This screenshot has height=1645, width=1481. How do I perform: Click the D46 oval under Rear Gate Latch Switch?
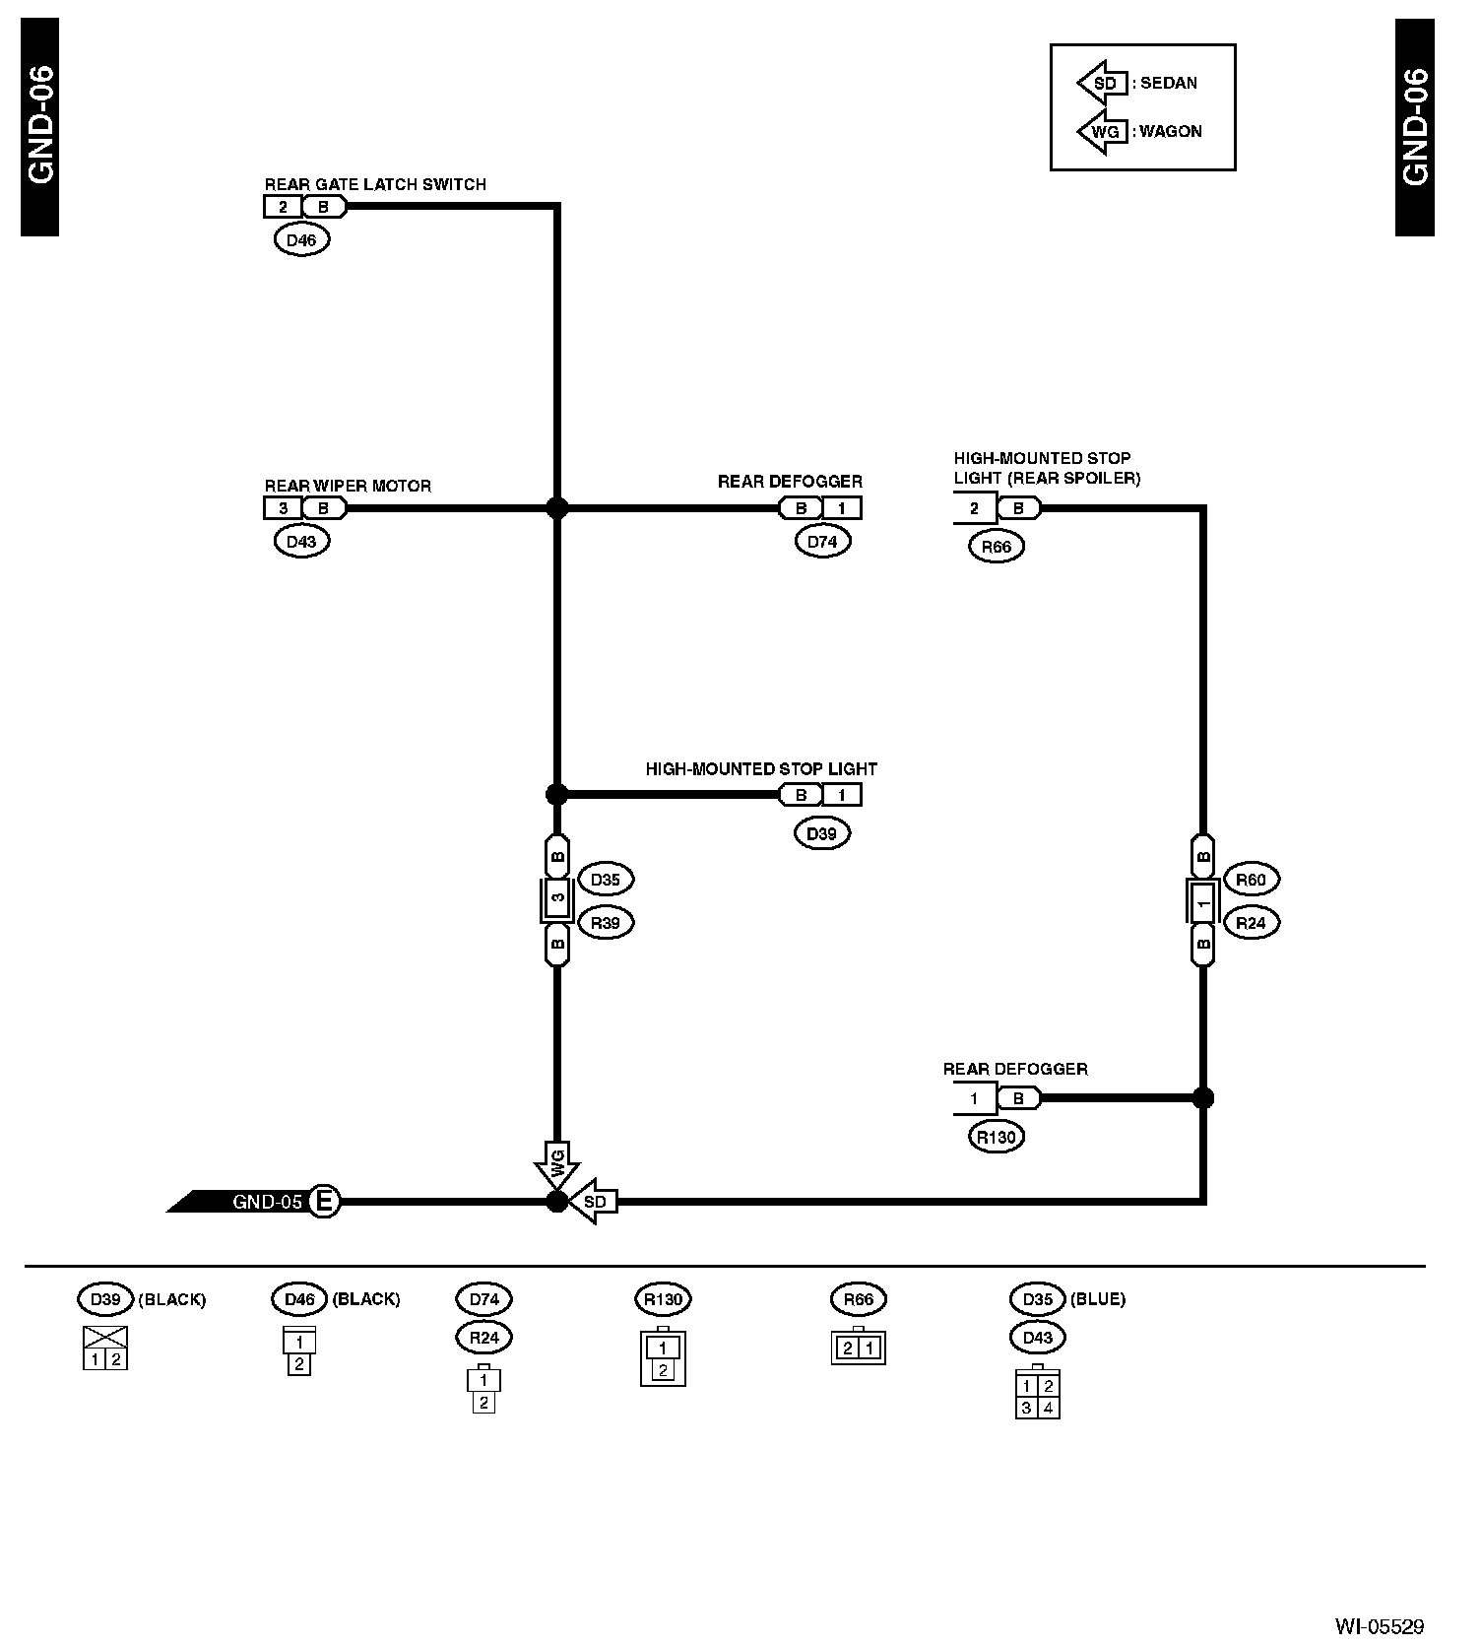301,239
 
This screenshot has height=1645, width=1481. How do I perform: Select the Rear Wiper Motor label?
348,486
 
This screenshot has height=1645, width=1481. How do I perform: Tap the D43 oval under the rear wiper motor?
301,541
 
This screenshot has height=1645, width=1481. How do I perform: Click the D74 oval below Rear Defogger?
821,541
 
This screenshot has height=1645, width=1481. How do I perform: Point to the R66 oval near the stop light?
997,547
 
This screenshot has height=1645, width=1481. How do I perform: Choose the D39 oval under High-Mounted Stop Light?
821,833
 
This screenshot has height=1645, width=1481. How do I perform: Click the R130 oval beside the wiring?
997,1137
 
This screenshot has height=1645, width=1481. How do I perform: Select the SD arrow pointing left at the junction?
594,1202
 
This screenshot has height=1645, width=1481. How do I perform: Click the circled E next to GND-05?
324,1202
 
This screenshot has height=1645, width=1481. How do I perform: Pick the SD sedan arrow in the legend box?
1103,84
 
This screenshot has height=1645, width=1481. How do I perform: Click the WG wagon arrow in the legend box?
1103,132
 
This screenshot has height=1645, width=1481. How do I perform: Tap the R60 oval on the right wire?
1250,880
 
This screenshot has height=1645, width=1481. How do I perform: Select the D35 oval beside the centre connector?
605,880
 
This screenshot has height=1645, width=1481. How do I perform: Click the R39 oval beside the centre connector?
605,923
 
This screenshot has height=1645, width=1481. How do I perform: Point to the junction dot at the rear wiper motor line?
557,508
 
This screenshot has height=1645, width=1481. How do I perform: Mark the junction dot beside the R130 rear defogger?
1202,1097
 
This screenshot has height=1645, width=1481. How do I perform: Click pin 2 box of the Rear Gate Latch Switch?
284,207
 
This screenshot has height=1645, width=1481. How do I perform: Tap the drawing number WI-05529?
1379,1625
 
